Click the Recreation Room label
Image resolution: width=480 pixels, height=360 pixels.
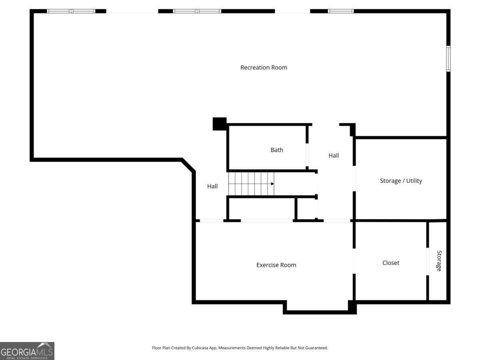[x=264, y=68]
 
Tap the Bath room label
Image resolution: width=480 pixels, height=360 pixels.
[x=277, y=150]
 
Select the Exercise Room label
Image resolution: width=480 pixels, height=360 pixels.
[x=276, y=265]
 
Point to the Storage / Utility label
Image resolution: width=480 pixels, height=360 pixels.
[x=401, y=181]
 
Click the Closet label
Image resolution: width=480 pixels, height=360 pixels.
[x=390, y=263]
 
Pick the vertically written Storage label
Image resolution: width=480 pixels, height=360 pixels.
[x=439, y=261]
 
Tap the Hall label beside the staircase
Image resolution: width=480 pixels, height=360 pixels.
[x=212, y=186]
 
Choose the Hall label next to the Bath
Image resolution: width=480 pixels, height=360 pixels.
[x=334, y=156]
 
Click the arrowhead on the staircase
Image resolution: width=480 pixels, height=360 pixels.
[x=272, y=184]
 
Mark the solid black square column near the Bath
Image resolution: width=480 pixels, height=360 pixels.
[x=220, y=124]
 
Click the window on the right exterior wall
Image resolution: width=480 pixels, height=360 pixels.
[x=448, y=58]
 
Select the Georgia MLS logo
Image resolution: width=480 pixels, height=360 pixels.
[x=27, y=351]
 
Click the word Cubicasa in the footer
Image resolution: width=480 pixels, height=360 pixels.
[x=200, y=348]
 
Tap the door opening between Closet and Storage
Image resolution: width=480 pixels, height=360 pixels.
[x=428, y=262]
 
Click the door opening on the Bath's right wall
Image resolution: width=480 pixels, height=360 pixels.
[x=307, y=155]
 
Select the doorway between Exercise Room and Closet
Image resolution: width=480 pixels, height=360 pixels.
[x=354, y=261]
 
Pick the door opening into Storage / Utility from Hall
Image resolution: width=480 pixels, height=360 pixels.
[x=354, y=178]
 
